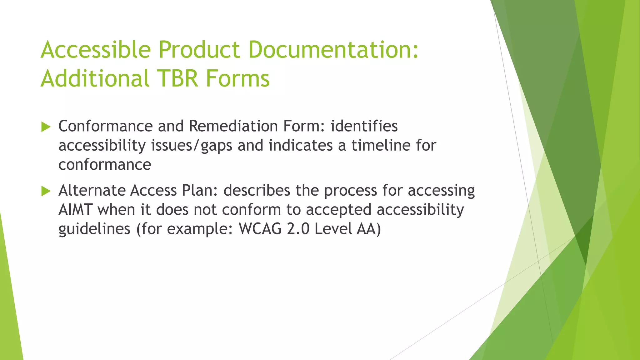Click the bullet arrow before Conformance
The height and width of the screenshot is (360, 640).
coord(46,127)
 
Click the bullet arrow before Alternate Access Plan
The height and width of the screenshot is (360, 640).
coord(46,191)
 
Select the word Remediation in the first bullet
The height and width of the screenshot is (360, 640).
coord(233,126)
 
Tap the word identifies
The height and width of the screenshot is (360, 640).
coord(364,126)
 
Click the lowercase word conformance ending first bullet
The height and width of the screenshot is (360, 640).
coord(105,165)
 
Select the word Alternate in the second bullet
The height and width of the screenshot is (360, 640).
coord(92,190)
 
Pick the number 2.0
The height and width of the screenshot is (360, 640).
coord(298,229)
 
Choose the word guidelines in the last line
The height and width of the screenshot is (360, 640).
coord(94,229)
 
